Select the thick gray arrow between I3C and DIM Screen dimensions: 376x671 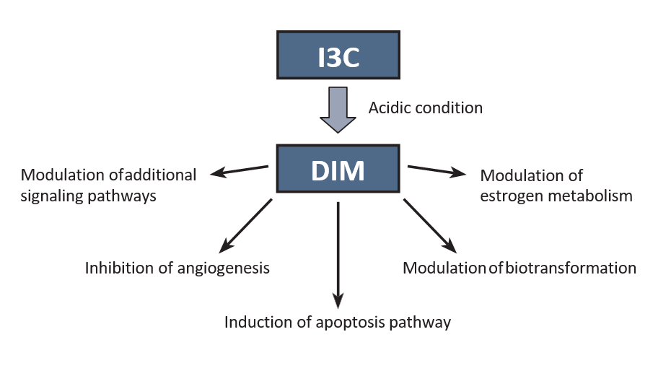coord(338,109)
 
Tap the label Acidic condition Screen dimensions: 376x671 coord(425,108)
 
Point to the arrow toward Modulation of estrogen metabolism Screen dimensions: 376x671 coord(437,171)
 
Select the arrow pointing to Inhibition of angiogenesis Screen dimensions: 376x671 coord(245,225)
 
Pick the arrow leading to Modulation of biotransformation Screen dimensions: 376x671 coord(431,225)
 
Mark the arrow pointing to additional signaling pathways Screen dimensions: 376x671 coord(239,170)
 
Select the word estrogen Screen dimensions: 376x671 coord(508,196)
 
